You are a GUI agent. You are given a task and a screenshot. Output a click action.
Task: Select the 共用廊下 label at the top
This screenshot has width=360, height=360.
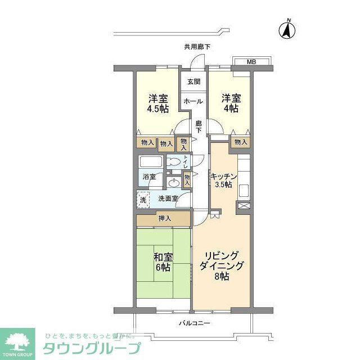[x=197, y=47]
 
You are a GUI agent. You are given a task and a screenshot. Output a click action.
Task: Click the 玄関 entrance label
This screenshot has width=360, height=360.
[x=193, y=82]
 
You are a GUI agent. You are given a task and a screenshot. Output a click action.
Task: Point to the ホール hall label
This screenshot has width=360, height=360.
[x=193, y=101]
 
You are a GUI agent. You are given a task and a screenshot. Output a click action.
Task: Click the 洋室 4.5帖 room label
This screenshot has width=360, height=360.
[x=158, y=102]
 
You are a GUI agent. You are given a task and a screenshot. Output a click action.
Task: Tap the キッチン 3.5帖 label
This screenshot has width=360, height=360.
[x=224, y=181]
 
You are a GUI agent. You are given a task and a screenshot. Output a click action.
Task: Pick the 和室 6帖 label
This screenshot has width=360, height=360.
[x=163, y=262]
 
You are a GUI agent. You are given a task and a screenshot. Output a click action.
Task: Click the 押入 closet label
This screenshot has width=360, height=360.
[x=165, y=218]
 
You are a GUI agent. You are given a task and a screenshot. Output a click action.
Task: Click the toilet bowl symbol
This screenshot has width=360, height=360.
[x=175, y=163]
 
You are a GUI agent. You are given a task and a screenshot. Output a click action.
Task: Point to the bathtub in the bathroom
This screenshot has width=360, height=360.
[x=150, y=164]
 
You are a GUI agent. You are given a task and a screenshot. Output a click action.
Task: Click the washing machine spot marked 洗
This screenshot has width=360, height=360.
[x=142, y=199]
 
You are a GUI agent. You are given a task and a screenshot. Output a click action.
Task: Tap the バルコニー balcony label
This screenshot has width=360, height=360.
[x=195, y=323]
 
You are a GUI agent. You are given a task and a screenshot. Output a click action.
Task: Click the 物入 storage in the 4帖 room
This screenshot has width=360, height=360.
[x=240, y=142]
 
